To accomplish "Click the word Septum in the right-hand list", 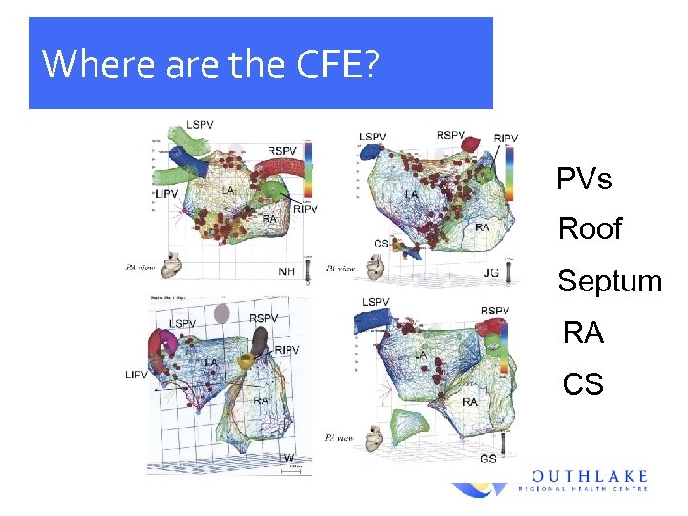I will click(610, 281).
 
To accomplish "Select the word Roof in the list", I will click(590, 228).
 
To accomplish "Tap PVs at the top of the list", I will click(584, 179).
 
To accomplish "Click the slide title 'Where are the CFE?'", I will click(212, 64).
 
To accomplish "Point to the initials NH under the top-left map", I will click(287, 271).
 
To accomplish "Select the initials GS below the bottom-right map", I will click(488, 459).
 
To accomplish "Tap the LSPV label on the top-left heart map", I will click(201, 125).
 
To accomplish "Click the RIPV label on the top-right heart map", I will click(505, 139).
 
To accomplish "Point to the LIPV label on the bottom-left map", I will click(137, 375).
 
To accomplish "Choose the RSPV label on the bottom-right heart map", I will click(495, 311).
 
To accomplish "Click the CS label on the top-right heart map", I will click(381, 244).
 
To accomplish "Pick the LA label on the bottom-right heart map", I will click(420, 355).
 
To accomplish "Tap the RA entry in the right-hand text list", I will click(583, 333).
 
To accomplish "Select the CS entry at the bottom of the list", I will click(583, 384).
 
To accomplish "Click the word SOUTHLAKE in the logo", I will click(590, 475).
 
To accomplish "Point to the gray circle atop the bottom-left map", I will click(222, 312).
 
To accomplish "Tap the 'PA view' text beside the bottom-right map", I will click(338, 438).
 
